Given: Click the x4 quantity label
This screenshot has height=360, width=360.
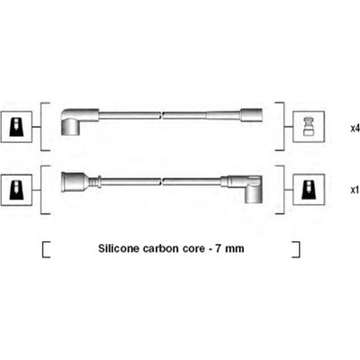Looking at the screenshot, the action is point(355,129).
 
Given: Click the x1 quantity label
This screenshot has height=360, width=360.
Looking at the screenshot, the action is point(355,191).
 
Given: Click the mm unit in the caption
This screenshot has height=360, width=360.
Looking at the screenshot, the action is point(235,249).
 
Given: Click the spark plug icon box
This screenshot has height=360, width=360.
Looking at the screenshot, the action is point(309,127).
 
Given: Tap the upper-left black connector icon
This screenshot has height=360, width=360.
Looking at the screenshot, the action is point(16,127).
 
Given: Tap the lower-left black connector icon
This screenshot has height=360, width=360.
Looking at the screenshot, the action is point(16,190).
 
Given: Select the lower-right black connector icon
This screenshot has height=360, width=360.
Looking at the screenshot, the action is point(309,190).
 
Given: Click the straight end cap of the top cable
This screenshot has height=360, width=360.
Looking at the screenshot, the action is point(251,115).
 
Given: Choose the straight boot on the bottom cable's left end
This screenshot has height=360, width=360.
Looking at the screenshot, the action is point(75,182).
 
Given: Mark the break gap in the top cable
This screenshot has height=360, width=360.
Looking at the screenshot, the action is point(162,115).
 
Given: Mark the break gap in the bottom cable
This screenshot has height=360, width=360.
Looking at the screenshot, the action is point(162,181).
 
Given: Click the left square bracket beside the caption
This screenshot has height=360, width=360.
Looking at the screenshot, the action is point(46,249).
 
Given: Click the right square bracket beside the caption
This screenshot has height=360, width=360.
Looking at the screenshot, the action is point(296,249).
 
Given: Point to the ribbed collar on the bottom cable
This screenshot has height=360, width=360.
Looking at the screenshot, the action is point(94,182).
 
